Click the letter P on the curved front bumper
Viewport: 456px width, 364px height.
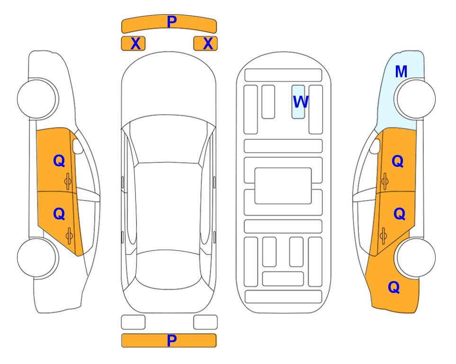click(x=172, y=22)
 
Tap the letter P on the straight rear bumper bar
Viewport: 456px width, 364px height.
click(x=172, y=340)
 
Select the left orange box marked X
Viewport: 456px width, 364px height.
click(x=133, y=44)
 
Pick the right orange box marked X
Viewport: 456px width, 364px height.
click(x=206, y=44)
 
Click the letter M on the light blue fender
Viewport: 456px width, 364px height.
click(x=401, y=72)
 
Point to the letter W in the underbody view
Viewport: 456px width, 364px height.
click(x=300, y=102)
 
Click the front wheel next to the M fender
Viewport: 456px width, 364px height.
click(x=415, y=99)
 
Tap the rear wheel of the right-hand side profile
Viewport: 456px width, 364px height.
click(x=415, y=257)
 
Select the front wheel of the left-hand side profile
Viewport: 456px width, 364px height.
click(x=38, y=99)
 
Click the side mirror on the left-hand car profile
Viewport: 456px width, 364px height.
click(x=78, y=146)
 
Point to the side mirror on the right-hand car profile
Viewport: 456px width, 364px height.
click(x=375, y=146)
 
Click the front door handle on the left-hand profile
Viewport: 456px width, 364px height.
click(x=68, y=182)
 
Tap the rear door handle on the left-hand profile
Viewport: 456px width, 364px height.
click(x=70, y=236)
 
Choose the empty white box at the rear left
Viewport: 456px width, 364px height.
click(x=133, y=322)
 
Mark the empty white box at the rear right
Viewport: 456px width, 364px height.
click(x=206, y=322)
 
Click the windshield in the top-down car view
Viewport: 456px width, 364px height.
click(x=169, y=140)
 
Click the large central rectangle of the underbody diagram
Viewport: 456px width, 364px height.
click(x=283, y=186)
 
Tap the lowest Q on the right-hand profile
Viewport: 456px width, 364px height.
click(x=394, y=287)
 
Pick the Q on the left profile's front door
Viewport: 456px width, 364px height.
click(x=59, y=161)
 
